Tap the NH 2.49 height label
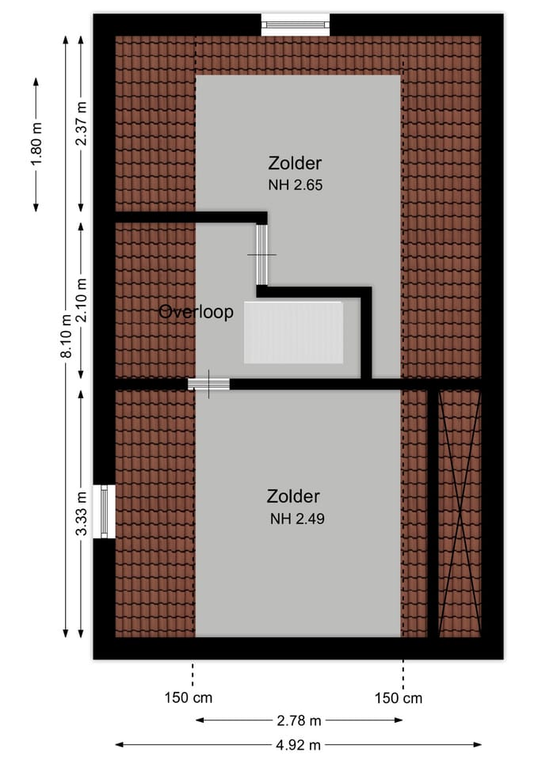point(297,519)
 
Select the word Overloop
point(196,312)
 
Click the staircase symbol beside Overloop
point(293,332)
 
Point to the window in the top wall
point(296,25)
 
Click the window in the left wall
point(105,511)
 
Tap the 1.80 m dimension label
point(36,144)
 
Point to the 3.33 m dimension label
point(82,513)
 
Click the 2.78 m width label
point(300,720)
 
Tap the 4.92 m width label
point(299,745)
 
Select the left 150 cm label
point(189,698)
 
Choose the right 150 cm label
point(399,698)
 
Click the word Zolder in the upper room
point(295,164)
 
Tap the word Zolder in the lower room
point(293,496)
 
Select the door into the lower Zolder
point(208,384)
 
